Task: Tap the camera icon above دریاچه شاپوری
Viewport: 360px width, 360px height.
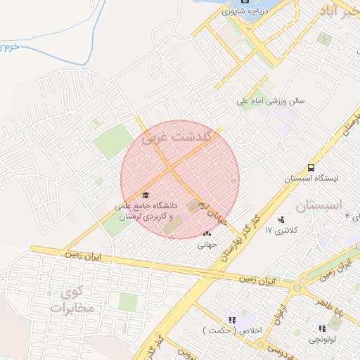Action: tap(245, 1)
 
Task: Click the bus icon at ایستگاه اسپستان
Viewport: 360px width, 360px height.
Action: tap(311, 167)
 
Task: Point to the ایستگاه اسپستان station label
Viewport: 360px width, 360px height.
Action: tap(311, 179)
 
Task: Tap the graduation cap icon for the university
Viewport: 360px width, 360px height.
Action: tap(146, 195)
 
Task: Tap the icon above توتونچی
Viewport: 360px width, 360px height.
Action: tap(322, 328)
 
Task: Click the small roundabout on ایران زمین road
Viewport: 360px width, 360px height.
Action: tap(297, 287)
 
